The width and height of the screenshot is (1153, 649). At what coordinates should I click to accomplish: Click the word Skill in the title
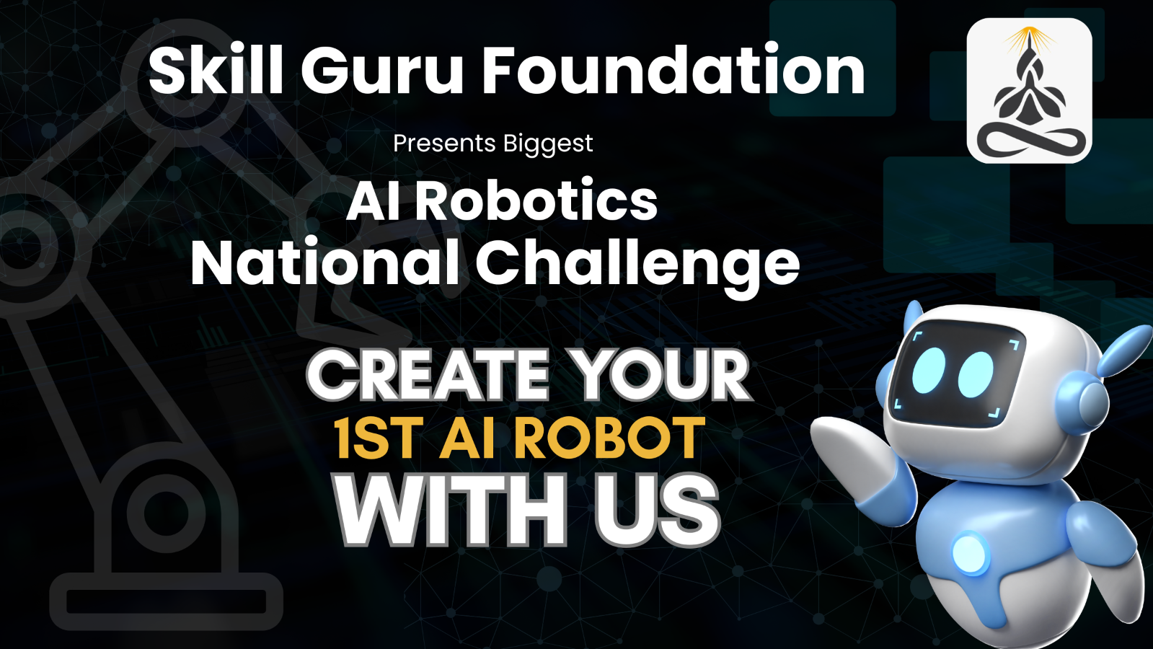click(x=216, y=70)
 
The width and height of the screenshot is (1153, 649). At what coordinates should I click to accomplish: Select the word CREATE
click(x=427, y=375)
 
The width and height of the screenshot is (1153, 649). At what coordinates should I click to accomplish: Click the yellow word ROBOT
click(x=609, y=438)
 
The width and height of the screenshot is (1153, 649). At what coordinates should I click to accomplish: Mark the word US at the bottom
click(x=657, y=511)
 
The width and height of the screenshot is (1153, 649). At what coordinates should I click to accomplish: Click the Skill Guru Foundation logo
click(x=1030, y=91)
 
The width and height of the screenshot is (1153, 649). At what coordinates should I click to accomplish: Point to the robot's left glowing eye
click(x=929, y=370)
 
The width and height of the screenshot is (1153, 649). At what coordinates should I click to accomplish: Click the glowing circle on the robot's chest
click(x=970, y=553)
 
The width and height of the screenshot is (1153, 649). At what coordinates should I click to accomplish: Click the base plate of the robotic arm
click(x=167, y=601)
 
